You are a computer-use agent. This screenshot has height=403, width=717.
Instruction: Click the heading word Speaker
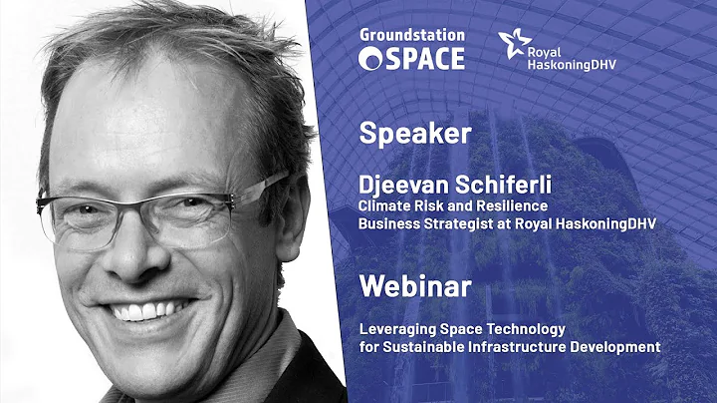402,133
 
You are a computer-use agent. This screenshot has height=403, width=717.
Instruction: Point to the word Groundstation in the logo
411,36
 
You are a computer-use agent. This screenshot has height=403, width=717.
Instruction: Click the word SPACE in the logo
423,59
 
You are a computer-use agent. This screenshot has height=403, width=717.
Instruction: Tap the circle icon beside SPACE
369,59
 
